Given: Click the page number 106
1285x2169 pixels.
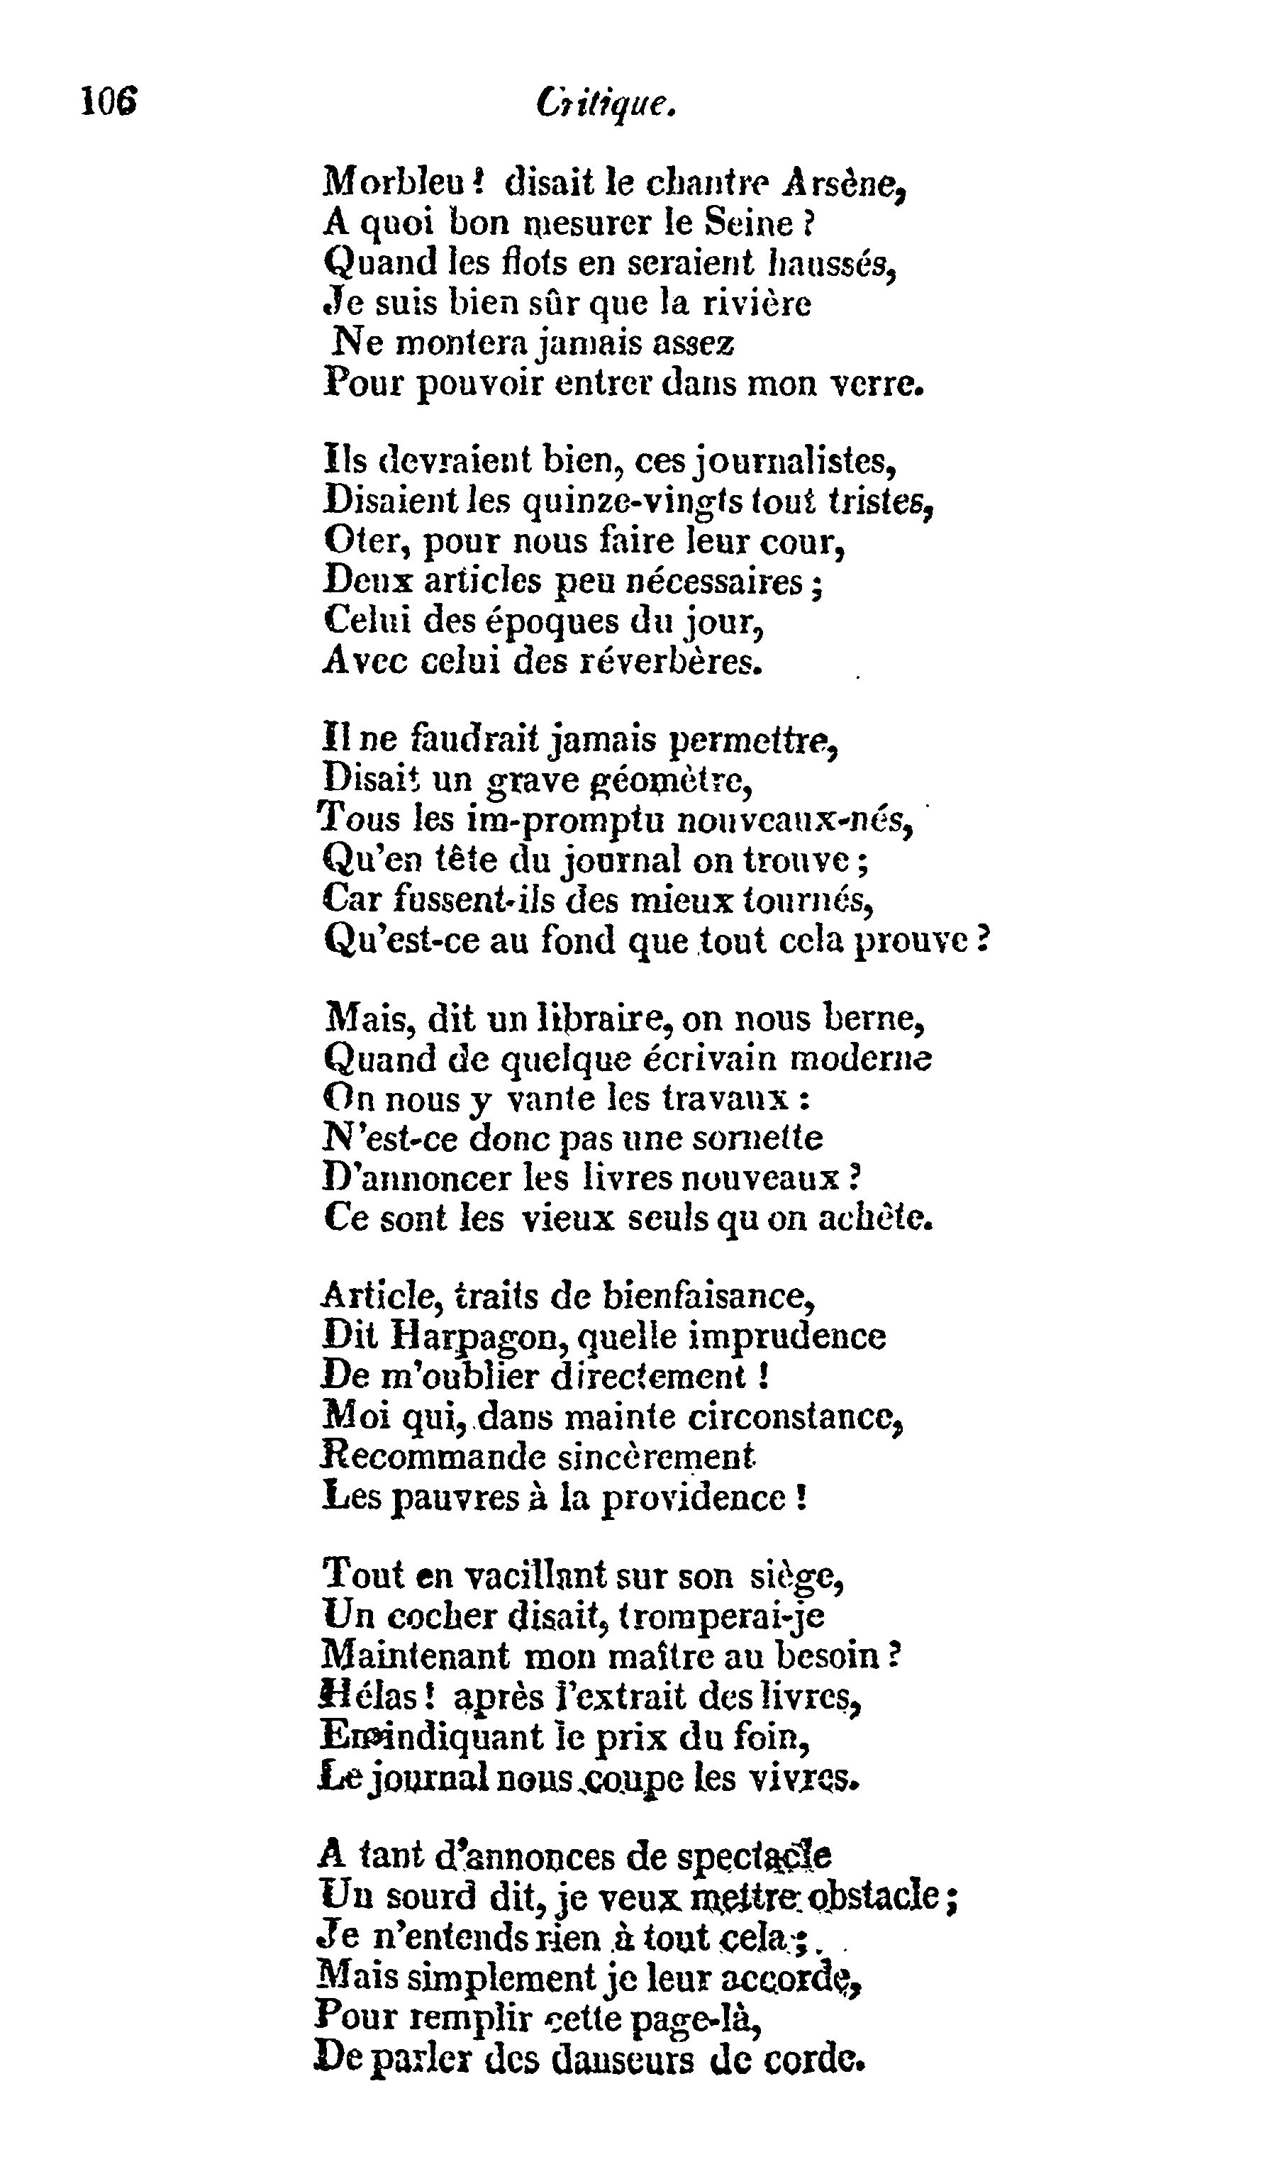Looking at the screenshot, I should pyautogui.click(x=109, y=102).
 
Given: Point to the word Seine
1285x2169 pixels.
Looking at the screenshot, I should pyautogui.click(x=749, y=224).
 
